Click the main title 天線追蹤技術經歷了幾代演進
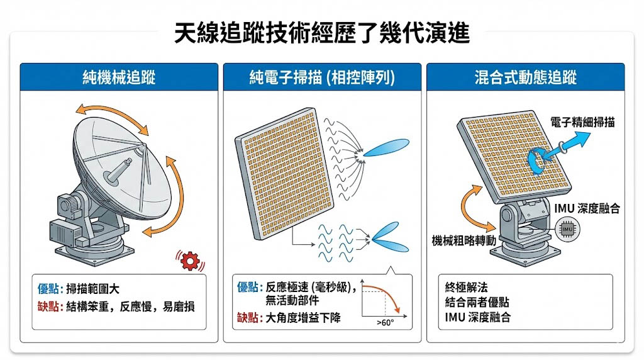point(321,33)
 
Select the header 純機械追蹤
point(119,77)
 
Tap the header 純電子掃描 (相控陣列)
point(322,77)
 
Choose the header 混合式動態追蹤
point(525,77)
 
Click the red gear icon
point(190,261)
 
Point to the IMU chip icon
point(567,229)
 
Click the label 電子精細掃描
point(582,122)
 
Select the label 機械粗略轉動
point(464,240)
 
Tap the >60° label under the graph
point(386,323)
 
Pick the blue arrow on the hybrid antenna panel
point(559,151)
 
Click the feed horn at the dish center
point(118,171)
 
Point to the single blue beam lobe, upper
point(386,148)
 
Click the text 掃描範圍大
point(92,289)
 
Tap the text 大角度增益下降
point(303,318)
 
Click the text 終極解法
point(466,287)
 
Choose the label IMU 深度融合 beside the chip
point(587,208)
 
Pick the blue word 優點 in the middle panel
point(248,287)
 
